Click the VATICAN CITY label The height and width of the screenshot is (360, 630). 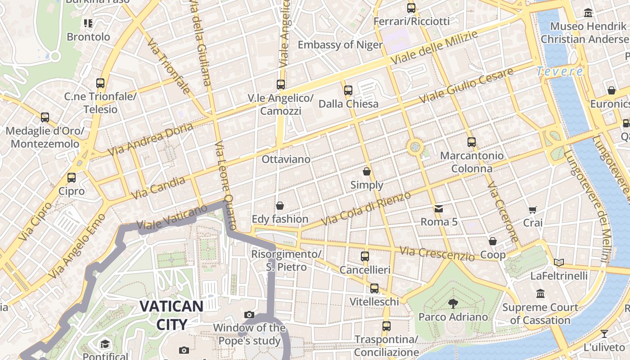coord(171,315)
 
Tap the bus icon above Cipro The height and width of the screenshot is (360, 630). coord(72,178)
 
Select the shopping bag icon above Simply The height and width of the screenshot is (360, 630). coord(367,171)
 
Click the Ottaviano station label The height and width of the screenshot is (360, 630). coord(286,159)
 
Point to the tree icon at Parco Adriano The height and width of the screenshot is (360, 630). coord(453,304)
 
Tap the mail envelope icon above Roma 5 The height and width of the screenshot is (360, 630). coord(439,209)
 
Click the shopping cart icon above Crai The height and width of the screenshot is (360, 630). coord(533,209)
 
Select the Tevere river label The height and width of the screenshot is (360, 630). coord(560,71)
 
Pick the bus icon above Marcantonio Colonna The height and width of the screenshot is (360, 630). coord(472,142)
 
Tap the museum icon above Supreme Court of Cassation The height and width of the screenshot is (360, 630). coord(540,294)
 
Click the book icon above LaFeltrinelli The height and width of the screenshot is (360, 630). coord(559,262)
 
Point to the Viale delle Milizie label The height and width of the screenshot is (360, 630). coord(434,48)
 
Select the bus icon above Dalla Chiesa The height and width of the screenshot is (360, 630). coord(348,90)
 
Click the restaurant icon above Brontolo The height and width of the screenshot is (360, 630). coord(88,23)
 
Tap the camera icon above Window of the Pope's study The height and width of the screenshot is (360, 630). coord(249,315)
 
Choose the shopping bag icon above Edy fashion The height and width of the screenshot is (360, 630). coord(280,206)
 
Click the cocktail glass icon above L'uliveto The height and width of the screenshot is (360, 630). coord(604,334)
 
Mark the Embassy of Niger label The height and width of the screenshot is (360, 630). coord(340,45)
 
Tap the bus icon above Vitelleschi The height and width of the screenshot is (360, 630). coord(374,288)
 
